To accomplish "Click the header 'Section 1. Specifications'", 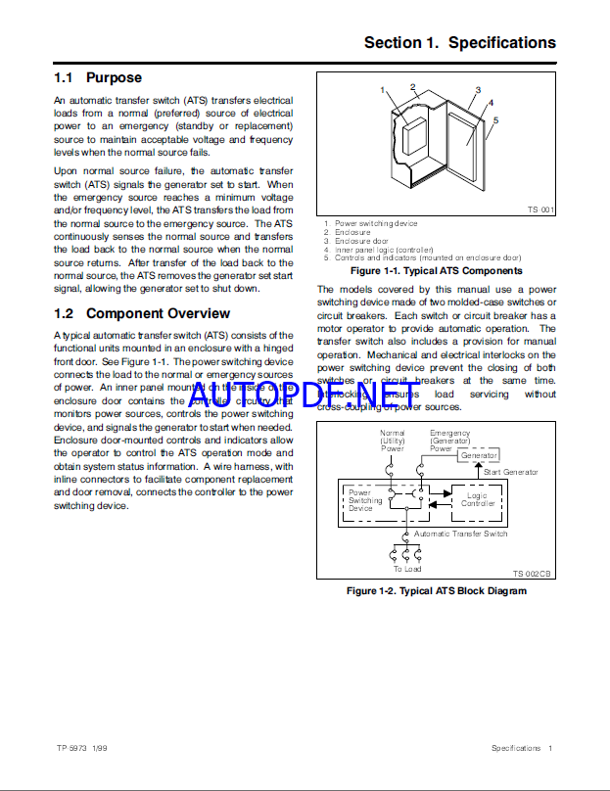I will [x=459, y=43].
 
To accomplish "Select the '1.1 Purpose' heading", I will [x=98, y=77].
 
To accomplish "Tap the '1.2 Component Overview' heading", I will [x=142, y=313].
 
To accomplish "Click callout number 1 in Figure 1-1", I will [x=383, y=90].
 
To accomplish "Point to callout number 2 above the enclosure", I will [x=412, y=86].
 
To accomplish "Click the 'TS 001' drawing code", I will [x=540, y=209].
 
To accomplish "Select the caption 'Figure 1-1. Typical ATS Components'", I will [x=436, y=270].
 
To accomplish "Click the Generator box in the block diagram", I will [x=478, y=455].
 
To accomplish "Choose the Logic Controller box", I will [x=477, y=499].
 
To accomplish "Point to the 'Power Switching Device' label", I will [x=366, y=500].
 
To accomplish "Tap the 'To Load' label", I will [x=407, y=568].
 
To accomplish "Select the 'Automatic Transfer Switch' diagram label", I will [x=460, y=534].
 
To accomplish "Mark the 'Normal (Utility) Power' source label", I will [x=392, y=441].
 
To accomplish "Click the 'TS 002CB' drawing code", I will [x=533, y=574].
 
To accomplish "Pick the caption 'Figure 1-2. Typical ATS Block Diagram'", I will [x=436, y=591].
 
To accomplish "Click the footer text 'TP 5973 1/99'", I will [x=83, y=748].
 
